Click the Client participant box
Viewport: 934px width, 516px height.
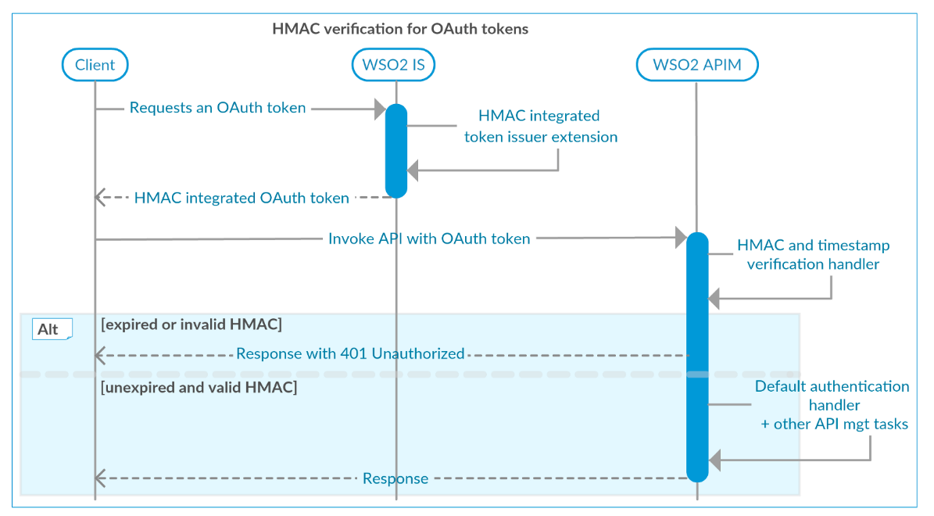(95, 65)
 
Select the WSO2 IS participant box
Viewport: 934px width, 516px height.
(393, 65)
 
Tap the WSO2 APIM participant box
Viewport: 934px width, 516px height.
(696, 65)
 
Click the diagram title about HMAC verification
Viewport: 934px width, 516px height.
(400, 29)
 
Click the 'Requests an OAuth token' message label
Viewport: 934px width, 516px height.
(217, 108)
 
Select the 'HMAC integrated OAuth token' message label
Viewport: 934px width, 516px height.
(242, 198)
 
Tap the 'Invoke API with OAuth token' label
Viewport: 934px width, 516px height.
(429, 238)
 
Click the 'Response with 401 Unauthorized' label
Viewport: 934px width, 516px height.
(350, 353)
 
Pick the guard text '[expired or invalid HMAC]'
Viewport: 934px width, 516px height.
(191, 324)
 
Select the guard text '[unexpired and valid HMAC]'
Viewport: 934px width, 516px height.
(199, 387)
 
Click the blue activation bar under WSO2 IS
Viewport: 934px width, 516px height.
(396, 150)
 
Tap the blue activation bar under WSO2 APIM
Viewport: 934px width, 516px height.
(697, 357)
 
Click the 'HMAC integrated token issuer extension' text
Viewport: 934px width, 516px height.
(540, 127)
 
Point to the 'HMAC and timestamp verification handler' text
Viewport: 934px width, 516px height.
(813, 255)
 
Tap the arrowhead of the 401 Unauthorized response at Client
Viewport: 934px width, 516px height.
(100, 355)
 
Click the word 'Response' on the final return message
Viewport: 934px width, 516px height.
(395, 478)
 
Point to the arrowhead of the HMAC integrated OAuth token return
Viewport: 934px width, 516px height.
(100, 198)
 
